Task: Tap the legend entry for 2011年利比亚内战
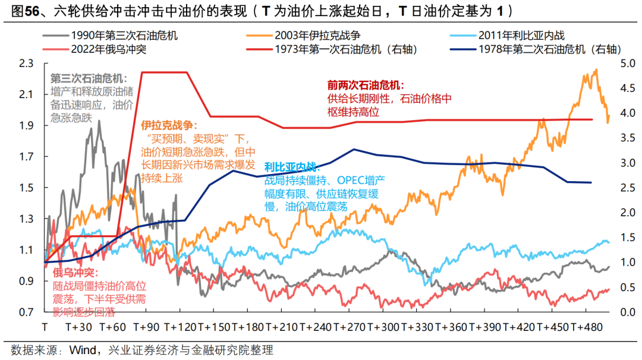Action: click(x=527, y=36)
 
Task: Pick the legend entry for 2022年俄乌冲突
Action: click(x=108, y=49)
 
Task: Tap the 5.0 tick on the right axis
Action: click(x=627, y=64)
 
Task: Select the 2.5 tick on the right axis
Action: click(x=627, y=188)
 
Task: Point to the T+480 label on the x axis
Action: click(x=586, y=327)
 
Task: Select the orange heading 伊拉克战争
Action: click(x=168, y=125)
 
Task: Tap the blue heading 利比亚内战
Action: click(x=291, y=167)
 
